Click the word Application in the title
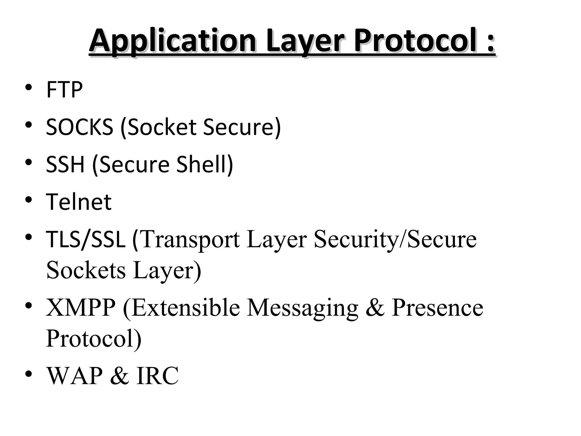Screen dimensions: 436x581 pos(172,41)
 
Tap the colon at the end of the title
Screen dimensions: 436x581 pos(490,43)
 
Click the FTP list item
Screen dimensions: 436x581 pos(64,90)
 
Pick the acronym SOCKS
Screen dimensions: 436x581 pos(79,127)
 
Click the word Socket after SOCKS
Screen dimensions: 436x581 pos(162,127)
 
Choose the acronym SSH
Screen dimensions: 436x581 pos(65,164)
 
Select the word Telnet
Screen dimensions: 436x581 pos(79,202)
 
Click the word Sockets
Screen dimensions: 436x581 pos(86,270)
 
